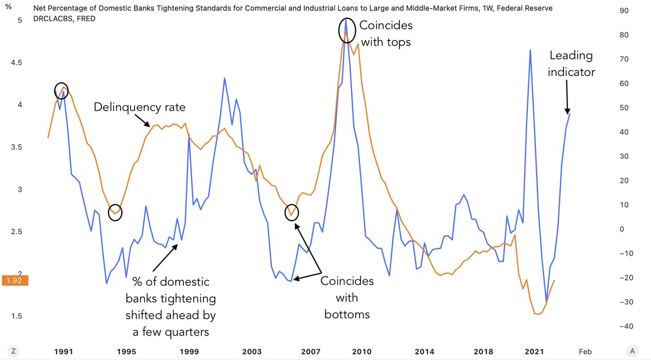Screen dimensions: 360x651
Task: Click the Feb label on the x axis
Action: (x=585, y=351)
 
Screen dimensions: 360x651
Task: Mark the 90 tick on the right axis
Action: (x=622, y=11)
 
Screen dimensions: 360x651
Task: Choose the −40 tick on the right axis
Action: (x=621, y=326)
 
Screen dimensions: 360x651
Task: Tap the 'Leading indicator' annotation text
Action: (x=571, y=63)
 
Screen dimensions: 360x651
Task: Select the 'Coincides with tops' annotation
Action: (x=385, y=34)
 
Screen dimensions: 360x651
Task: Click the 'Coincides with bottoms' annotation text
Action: (x=347, y=298)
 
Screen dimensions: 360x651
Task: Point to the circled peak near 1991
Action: (x=62, y=90)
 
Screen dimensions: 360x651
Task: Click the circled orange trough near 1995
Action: (x=115, y=213)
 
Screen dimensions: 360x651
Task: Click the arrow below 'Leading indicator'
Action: (x=567, y=95)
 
